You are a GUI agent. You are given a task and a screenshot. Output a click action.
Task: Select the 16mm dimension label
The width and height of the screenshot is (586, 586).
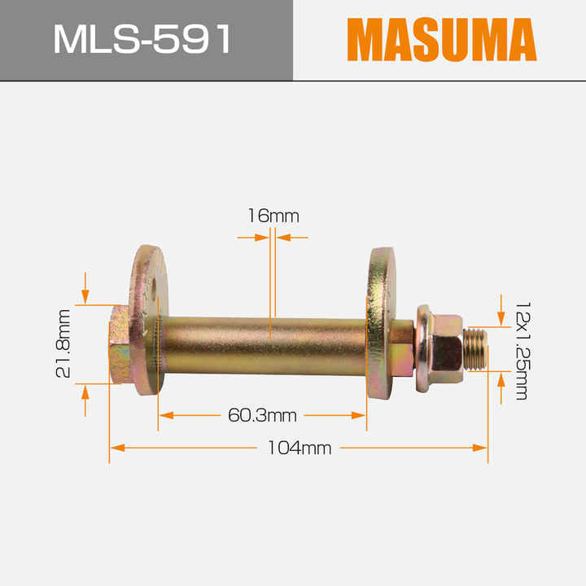[273, 216]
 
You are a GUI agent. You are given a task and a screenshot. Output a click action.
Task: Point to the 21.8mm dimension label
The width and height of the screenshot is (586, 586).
[64, 343]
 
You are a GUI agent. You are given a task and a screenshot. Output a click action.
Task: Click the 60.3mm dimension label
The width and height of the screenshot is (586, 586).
[262, 416]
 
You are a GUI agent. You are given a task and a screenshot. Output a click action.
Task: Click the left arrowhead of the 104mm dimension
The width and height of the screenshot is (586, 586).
[116, 447]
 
